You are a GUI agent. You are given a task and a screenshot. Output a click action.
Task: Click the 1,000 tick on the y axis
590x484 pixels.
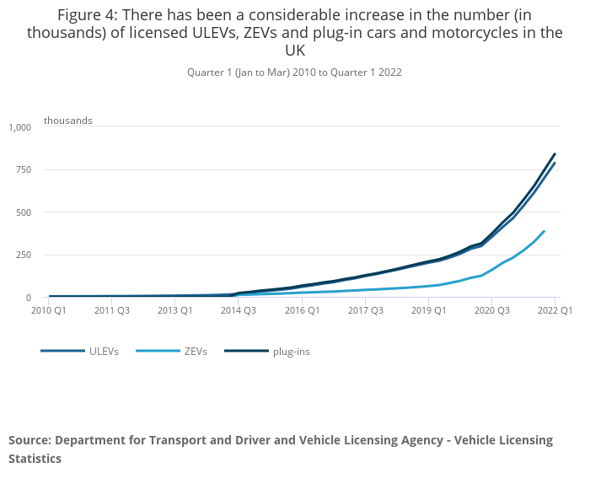19,127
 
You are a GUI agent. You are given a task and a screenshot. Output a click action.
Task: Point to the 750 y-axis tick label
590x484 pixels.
23,170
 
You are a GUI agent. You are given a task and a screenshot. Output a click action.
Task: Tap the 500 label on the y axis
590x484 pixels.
23,212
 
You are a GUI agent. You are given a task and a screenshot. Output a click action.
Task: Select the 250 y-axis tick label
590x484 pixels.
23,255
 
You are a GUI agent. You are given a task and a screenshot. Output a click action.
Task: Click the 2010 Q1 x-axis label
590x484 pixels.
48,310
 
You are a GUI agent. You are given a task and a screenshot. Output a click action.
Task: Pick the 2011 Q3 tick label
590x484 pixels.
111,310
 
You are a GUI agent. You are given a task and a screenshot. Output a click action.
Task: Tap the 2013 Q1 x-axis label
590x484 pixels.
174,310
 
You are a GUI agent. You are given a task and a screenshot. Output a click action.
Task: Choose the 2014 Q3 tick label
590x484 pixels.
239,310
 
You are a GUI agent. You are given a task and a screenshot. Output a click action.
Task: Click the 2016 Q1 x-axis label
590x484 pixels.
302,310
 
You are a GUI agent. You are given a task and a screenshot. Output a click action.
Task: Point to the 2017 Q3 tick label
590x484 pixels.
366,310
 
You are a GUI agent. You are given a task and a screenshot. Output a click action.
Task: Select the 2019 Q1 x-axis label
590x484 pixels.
429,310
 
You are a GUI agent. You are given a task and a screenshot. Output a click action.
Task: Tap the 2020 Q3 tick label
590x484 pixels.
492,310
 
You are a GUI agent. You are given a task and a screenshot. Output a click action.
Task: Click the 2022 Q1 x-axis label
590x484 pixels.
555,310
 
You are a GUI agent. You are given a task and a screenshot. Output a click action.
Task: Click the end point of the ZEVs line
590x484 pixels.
544,230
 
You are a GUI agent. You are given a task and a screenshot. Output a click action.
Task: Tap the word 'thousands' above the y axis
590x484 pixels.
68,121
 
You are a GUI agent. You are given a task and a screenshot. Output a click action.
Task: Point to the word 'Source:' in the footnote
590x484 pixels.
30,440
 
